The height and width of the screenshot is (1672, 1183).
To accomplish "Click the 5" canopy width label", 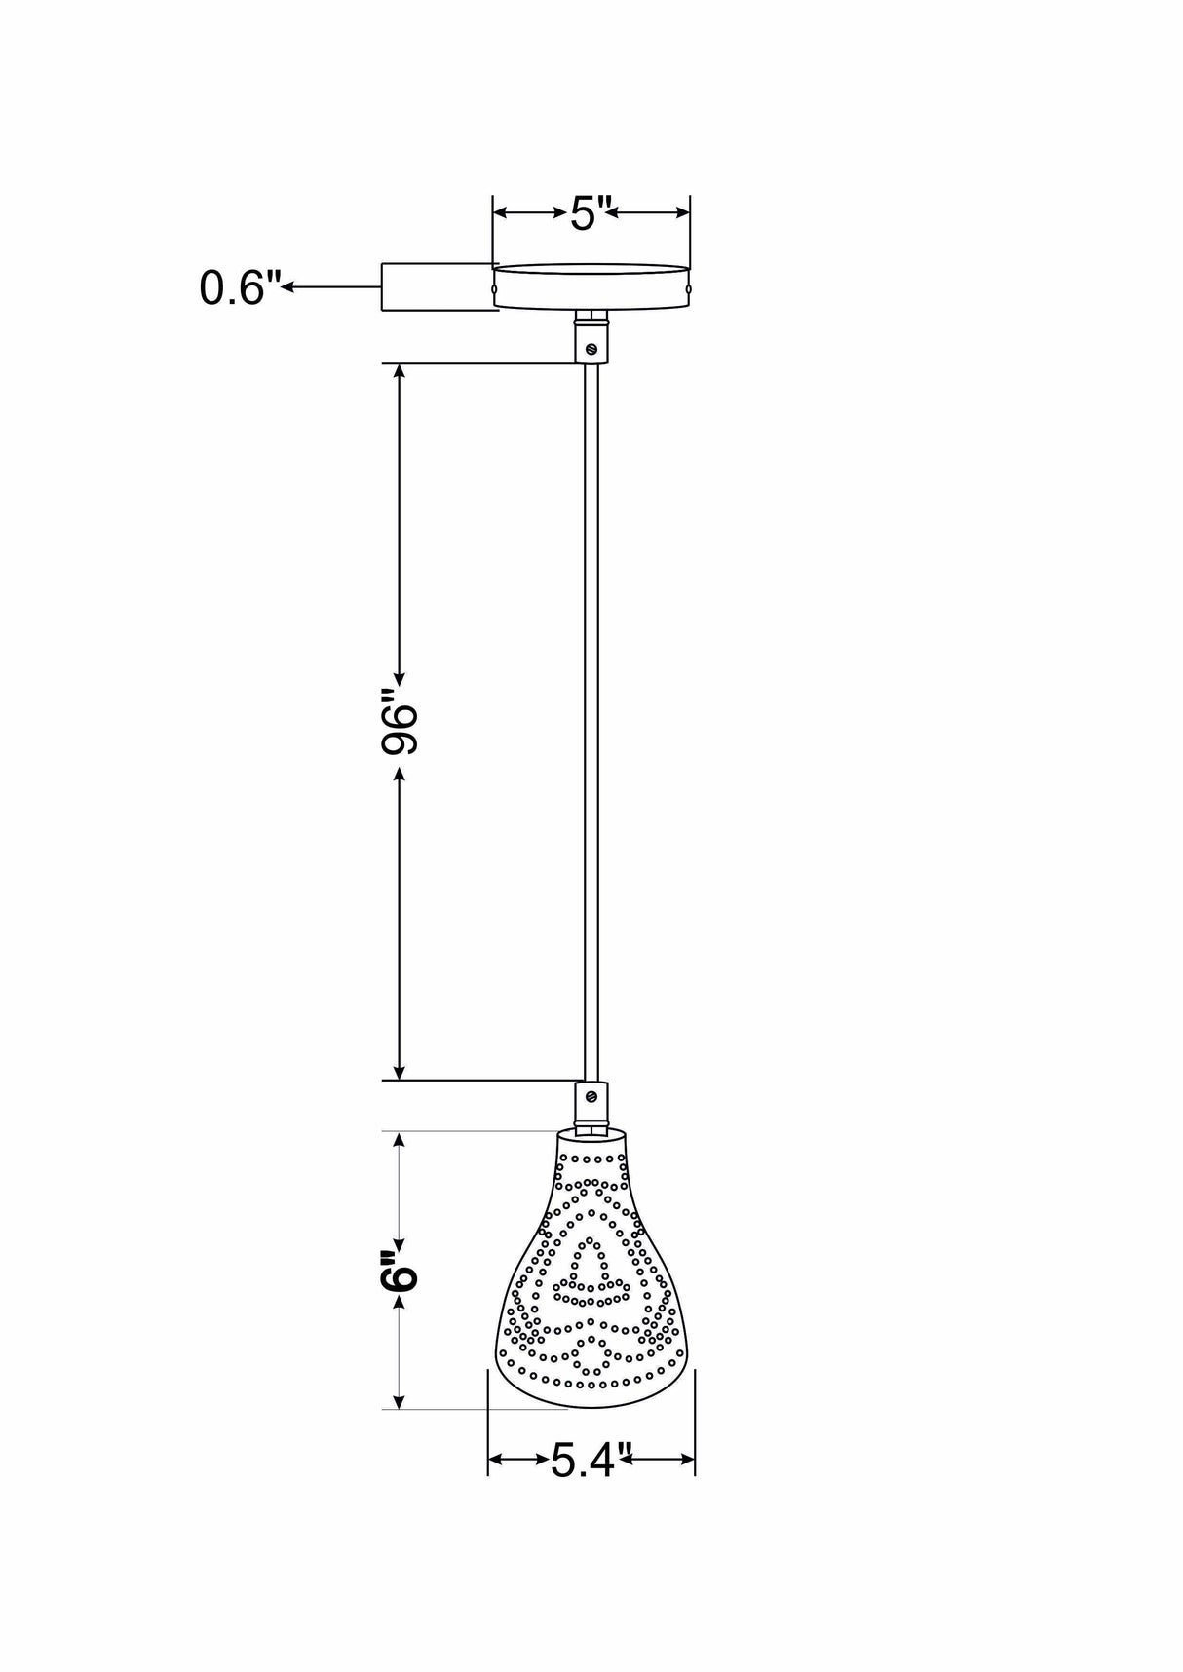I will [x=589, y=212].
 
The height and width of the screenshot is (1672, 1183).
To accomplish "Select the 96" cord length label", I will [x=400, y=723].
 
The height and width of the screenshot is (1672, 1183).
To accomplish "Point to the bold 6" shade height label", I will [x=400, y=1269].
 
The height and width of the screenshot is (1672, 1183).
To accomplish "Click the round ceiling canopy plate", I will [x=591, y=285].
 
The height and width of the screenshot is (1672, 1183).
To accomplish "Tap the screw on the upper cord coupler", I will [x=591, y=347].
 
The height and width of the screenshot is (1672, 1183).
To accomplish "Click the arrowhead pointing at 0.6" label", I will [x=289, y=286].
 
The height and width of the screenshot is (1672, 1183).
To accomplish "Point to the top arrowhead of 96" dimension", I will [x=399, y=371].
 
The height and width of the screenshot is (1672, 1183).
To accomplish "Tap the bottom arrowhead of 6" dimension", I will [x=399, y=1401].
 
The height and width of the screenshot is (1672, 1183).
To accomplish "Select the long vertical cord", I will [x=591, y=721].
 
